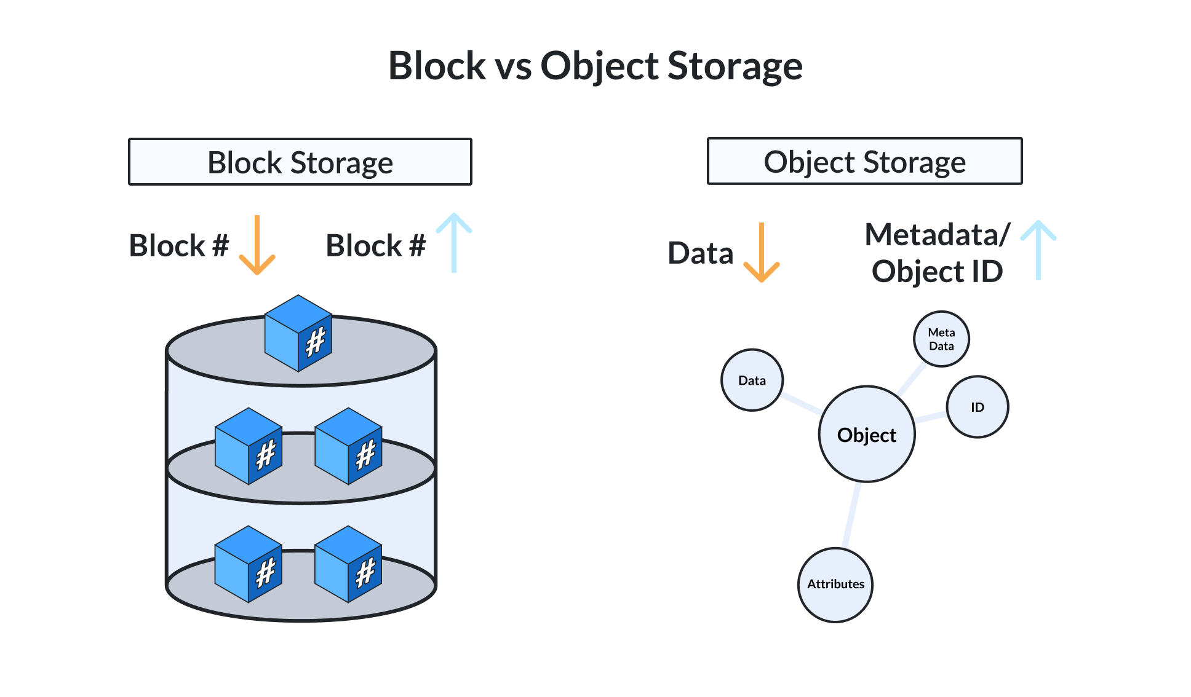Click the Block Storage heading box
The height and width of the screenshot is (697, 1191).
click(x=300, y=162)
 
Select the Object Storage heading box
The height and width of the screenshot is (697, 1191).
click(x=864, y=161)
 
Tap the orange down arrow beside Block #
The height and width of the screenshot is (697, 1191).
click(x=257, y=245)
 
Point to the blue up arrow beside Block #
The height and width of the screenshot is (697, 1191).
click(x=454, y=242)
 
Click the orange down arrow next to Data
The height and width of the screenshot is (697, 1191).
click(x=762, y=253)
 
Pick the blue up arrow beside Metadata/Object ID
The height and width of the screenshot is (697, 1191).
click(x=1038, y=250)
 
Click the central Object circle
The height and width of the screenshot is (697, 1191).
click(x=867, y=434)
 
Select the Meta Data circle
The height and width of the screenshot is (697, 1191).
click(x=941, y=339)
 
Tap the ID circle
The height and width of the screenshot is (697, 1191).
click(x=977, y=407)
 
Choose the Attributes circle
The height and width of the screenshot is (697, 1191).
click(x=835, y=585)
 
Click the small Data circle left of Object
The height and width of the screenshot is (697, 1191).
click(x=752, y=380)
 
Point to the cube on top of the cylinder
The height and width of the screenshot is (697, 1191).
click(x=298, y=333)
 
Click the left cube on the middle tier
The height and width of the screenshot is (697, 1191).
click(x=249, y=446)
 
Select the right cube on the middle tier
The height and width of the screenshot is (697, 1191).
click(x=348, y=446)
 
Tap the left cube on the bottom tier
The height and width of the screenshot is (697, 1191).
click(x=249, y=564)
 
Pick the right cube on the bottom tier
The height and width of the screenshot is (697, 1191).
click(x=348, y=564)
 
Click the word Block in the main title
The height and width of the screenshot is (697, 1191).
click(x=437, y=66)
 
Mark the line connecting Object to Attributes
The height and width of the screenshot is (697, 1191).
click(x=851, y=515)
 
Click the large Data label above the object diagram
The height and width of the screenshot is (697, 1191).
click(x=701, y=253)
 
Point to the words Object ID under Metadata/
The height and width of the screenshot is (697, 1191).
click(x=937, y=272)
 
